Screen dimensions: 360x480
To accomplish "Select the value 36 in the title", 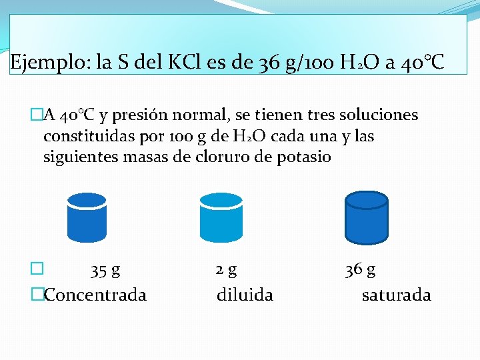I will (267, 64).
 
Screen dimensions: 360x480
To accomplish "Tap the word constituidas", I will (86, 137).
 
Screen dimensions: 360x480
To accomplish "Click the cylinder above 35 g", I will (87, 217).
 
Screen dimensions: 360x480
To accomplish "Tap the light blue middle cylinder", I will (221, 217).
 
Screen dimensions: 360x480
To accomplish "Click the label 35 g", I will (105, 271).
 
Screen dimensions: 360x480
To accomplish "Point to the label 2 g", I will (226, 270).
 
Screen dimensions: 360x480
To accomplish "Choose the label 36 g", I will (360, 270).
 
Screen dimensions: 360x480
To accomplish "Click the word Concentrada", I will (95, 295).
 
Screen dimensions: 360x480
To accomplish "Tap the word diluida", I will (245, 295).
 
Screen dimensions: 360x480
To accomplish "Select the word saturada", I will (396, 295).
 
